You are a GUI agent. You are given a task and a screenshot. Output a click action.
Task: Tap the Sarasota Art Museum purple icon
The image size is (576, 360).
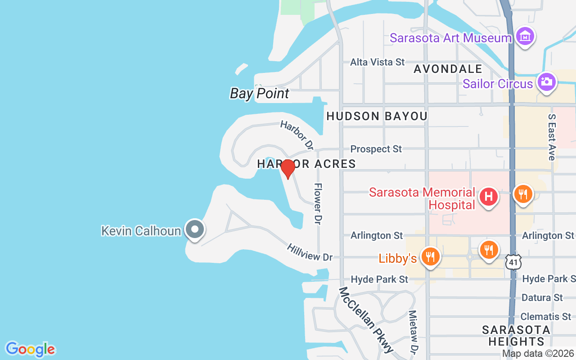click(x=525, y=36)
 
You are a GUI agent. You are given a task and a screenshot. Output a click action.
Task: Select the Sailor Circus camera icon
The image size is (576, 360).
click(x=546, y=82)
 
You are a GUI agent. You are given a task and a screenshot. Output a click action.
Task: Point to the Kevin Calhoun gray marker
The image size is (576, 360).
click(x=194, y=229)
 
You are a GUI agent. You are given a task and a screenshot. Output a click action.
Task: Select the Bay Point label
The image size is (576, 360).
click(x=260, y=94)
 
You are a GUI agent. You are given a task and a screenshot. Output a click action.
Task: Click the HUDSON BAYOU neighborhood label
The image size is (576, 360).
click(x=377, y=116)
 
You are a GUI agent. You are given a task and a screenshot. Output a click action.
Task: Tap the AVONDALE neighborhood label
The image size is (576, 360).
click(x=448, y=69)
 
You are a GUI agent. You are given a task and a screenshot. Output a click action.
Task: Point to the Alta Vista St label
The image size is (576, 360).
click(x=378, y=62)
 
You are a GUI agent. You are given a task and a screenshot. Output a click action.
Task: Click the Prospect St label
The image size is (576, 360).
click(x=376, y=149)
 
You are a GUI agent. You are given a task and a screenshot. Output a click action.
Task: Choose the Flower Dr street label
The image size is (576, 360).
click(x=318, y=203)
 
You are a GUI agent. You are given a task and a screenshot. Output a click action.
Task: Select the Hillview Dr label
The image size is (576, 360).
click(x=310, y=252)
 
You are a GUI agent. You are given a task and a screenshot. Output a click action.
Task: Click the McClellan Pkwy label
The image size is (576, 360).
click(x=366, y=319)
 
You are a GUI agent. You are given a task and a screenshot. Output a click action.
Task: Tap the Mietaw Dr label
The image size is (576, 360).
click(x=413, y=331)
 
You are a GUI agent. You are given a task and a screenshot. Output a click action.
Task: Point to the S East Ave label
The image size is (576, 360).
click(x=552, y=137)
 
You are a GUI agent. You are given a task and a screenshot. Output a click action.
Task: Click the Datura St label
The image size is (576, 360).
click(x=542, y=297)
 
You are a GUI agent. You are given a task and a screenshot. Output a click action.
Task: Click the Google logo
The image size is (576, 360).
click(x=30, y=349)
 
